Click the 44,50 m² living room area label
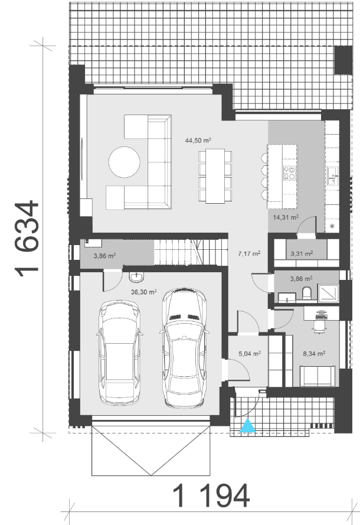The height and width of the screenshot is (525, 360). [198, 141]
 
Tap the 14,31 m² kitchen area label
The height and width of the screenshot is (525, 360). [286, 217]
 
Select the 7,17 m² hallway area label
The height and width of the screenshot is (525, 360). [249, 253]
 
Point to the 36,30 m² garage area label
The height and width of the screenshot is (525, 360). [144, 292]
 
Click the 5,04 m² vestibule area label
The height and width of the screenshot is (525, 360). [250, 353]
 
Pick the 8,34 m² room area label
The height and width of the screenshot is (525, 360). [315, 353]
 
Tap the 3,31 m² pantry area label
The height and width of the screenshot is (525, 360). [302, 253]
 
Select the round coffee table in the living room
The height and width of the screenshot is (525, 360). [124, 162]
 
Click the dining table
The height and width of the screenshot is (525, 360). [215, 176]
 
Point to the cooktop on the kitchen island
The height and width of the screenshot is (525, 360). [289, 173]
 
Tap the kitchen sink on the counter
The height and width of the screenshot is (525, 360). [333, 177]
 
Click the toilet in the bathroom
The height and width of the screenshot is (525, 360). [307, 294]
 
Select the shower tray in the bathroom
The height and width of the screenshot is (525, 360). [328, 294]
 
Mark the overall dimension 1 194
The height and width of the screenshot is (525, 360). [211, 496]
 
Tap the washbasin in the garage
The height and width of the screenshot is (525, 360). [136, 276]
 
